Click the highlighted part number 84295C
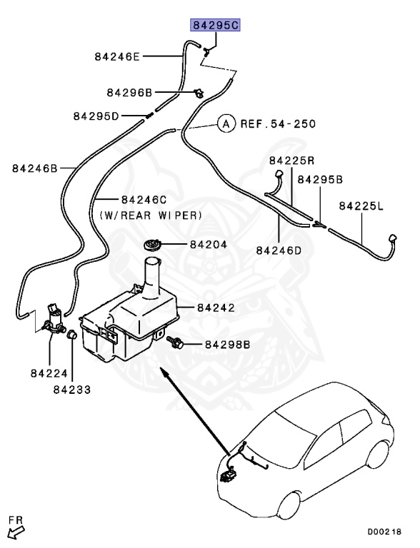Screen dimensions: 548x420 tap(215, 26)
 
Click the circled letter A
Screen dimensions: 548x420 tap(226, 123)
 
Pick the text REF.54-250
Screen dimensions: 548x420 tap(277, 123)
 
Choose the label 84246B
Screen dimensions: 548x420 tap(34, 168)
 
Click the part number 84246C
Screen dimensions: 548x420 tap(144, 199)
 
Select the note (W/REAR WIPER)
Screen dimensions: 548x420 tap(151, 214)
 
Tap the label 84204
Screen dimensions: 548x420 tap(208, 245)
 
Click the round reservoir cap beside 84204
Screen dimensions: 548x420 tap(152, 246)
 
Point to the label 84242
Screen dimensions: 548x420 tap(215, 308)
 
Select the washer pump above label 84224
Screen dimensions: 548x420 tap(54, 317)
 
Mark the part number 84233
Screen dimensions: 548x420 tap(71, 390)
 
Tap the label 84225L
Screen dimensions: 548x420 tap(361, 206)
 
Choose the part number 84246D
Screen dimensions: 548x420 tap(279, 250)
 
